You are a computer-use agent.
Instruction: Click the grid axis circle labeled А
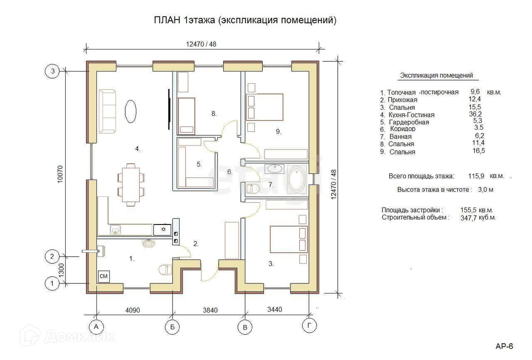point(96,327)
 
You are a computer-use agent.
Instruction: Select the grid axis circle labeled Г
point(309,325)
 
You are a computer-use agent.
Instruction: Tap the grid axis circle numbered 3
point(52,71)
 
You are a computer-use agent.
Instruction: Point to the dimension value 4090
point(133,310)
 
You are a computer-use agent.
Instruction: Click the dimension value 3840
point(210,310)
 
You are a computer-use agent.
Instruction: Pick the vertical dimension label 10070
point(60,174)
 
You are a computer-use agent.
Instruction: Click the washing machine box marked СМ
point(103,276)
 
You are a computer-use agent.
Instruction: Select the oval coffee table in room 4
point(131,111)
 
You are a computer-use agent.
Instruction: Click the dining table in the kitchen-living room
point(131,185)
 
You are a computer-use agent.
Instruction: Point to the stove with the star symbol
point(162,229)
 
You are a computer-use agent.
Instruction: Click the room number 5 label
point(199,164)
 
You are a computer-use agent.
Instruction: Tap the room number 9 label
point(278,131)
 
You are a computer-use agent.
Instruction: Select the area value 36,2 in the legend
point(475,114)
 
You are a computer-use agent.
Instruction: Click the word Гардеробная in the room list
point(409,122)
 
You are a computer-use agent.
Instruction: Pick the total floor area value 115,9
point(476,176)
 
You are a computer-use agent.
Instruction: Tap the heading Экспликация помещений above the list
point(436,75)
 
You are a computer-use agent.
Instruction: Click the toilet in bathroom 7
point(252,189)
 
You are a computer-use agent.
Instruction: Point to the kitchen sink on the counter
point(116,229)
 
